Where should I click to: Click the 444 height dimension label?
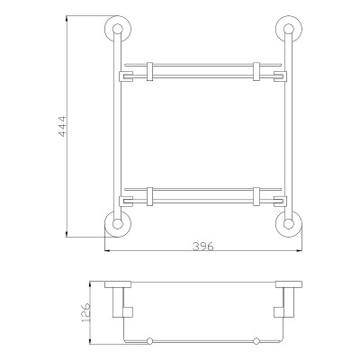pos(63,126)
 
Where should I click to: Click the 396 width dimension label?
pos(203,247)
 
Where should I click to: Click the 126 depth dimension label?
pos(85,312)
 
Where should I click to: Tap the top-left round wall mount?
pos(118,29)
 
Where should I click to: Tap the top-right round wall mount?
pos(289,29)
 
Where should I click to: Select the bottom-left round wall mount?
pos(118,224)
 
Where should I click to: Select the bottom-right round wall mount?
pos(289,224)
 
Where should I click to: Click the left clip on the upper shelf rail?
pos(149,71)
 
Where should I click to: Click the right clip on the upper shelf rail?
pos(256,71)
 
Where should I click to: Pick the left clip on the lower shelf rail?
pos(149,196)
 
